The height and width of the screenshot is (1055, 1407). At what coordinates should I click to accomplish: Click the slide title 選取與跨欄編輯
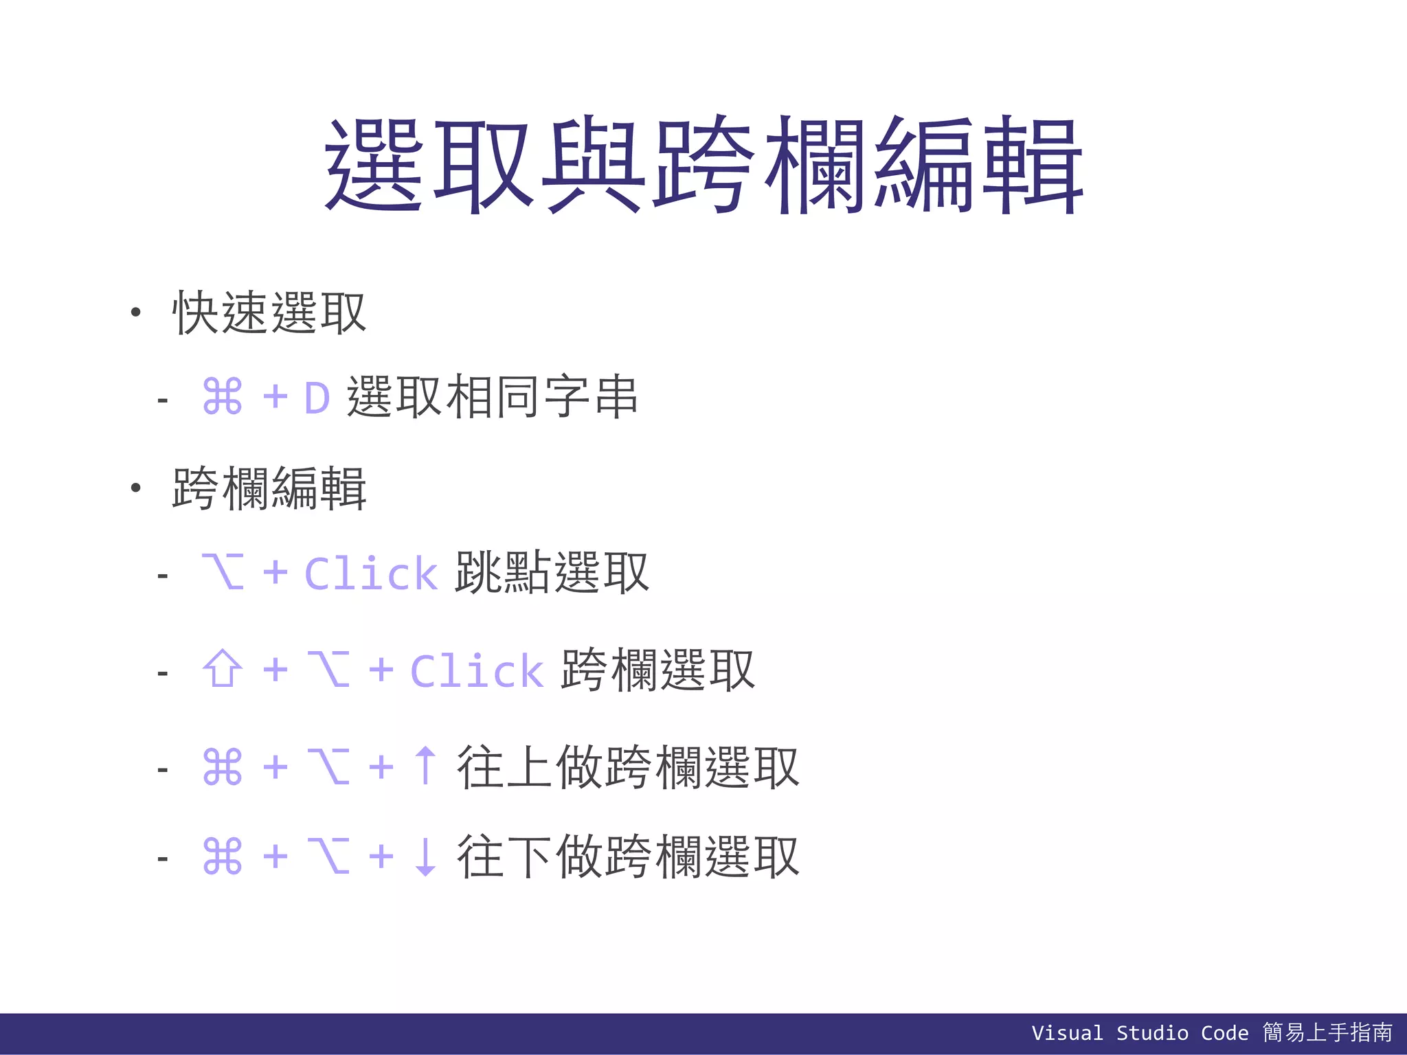coord(703,165)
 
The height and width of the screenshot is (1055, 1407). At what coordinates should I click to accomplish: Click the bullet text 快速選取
coord(269,313)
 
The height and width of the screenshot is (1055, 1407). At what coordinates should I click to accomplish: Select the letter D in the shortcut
coord(317,398)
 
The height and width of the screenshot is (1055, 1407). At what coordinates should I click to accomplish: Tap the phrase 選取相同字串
coord(492,397)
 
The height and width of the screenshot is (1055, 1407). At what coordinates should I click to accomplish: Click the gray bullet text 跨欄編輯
coord(269,488)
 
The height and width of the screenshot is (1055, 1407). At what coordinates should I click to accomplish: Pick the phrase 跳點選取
coord(552,572)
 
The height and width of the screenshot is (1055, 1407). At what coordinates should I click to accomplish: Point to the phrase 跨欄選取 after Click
coord(657,670)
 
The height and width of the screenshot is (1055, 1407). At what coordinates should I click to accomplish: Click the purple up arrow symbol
coord(426,765)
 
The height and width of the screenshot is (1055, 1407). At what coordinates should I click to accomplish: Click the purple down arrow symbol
coord(426,857)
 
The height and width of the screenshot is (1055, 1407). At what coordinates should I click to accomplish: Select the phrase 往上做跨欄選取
coord(628,767)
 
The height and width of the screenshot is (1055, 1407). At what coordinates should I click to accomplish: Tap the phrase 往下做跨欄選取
coord(628,857)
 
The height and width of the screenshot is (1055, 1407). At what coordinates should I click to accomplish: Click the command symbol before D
coord(223,397)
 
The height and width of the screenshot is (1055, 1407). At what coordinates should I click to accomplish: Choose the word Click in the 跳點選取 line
coord(370,574)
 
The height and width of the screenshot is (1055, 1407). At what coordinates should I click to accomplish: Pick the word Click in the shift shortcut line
coord(477,671)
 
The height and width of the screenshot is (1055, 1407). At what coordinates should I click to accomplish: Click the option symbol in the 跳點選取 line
coord(223,571)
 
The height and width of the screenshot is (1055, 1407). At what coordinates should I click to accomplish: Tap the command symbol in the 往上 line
coord(223,767)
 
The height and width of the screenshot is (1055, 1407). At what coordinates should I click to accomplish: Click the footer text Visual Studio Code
coord(1140,1033)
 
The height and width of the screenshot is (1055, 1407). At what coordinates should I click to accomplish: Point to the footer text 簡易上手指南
coord(1327,1032)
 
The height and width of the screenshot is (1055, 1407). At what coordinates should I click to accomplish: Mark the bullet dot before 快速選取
coord(136,313)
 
